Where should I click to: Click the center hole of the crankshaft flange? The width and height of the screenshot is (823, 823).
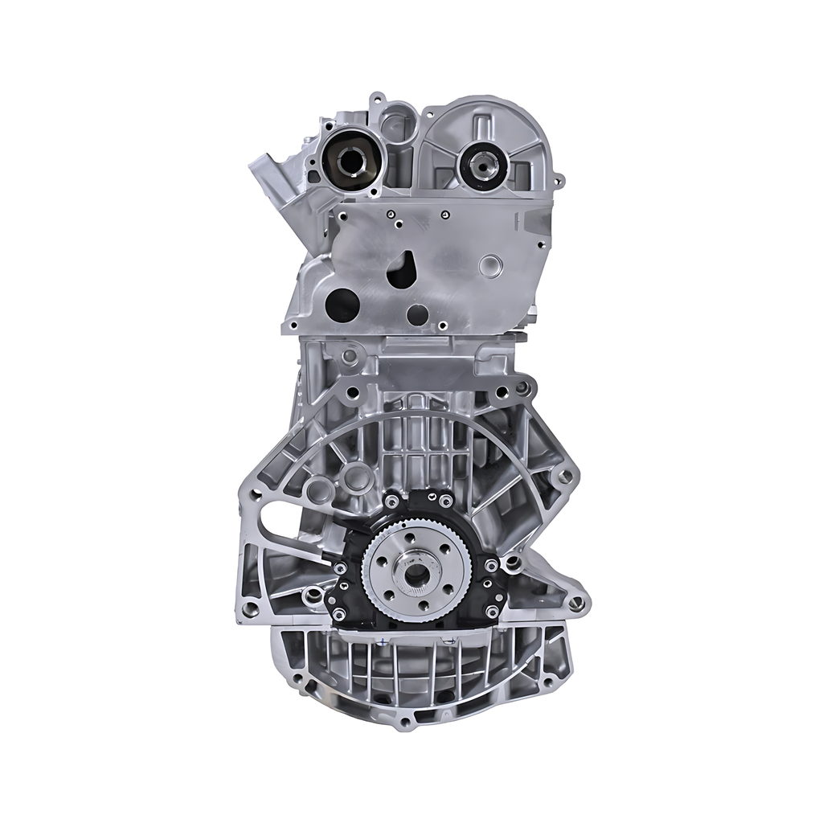(x=417, y=574)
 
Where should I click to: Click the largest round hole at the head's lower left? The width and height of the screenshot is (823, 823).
(x=342, y=305)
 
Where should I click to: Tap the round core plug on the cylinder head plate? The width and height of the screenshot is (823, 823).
(x=489, y=266)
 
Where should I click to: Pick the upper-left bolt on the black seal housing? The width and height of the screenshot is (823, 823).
(x=391, y=502)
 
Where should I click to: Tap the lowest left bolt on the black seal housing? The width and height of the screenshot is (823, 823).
(x=338, y=613)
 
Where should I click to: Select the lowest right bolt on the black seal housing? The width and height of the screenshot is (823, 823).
(x=491, y=612)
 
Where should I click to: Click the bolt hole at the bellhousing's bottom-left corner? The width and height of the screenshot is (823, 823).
(x=250, y=609)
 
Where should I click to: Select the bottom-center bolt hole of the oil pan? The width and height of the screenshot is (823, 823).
(x=405, y=721)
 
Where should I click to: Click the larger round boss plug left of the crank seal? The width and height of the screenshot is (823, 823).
(x=356, y=478)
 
